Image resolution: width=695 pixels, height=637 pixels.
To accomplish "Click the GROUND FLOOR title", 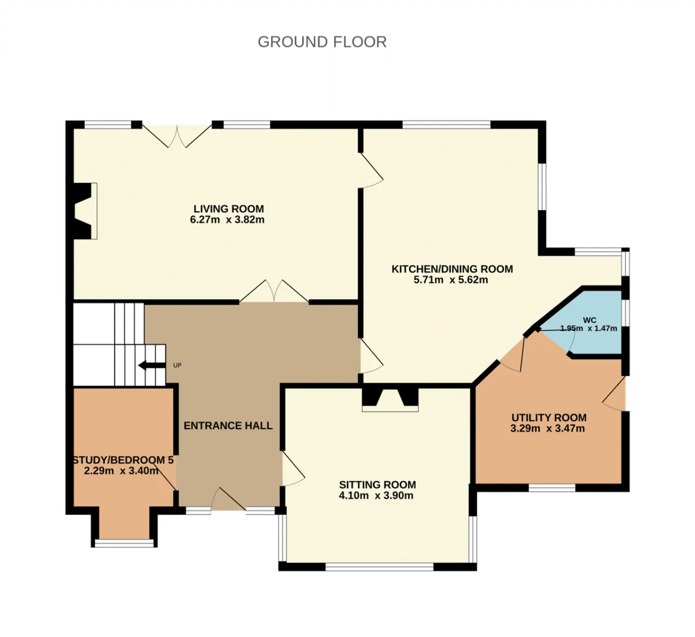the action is click(x=322, y=42).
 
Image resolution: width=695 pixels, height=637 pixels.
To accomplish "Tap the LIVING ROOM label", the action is click(x=229, y=209).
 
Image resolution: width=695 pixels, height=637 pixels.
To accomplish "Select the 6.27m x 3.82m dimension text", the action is click(x=228, y=220).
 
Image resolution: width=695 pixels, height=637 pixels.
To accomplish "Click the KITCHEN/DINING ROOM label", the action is click(x=452, y=269).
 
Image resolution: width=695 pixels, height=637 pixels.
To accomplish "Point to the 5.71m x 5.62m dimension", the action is click(x=451, y=280).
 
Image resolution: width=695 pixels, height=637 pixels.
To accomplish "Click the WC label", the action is click(x=590, y=320).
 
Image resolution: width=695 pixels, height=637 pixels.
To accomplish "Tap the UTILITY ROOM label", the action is click(x=549, y=418).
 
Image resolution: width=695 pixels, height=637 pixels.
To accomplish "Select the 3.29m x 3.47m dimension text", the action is click(x=547, y=428).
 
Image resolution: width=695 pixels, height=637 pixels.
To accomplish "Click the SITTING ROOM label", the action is click(x=378, y=484).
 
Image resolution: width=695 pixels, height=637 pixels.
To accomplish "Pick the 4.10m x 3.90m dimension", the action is click(x=376, y=496).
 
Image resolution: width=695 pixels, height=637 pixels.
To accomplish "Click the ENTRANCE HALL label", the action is click(x=228, y=426).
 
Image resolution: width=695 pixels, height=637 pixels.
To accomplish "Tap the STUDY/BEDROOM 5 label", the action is click(x=123, y=460).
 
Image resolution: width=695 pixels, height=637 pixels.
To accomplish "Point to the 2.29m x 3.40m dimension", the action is click(x=121, y=471).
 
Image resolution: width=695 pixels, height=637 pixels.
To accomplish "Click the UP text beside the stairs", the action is click(x=178, y=365).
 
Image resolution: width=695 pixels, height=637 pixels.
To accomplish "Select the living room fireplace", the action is click(x=84, y=211).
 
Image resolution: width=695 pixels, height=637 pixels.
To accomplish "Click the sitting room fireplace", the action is click(x=390, y=399).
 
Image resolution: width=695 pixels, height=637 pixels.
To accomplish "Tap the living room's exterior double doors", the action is click(x=177, y=136).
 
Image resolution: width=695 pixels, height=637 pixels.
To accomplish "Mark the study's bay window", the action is click(x=124, y=543).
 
